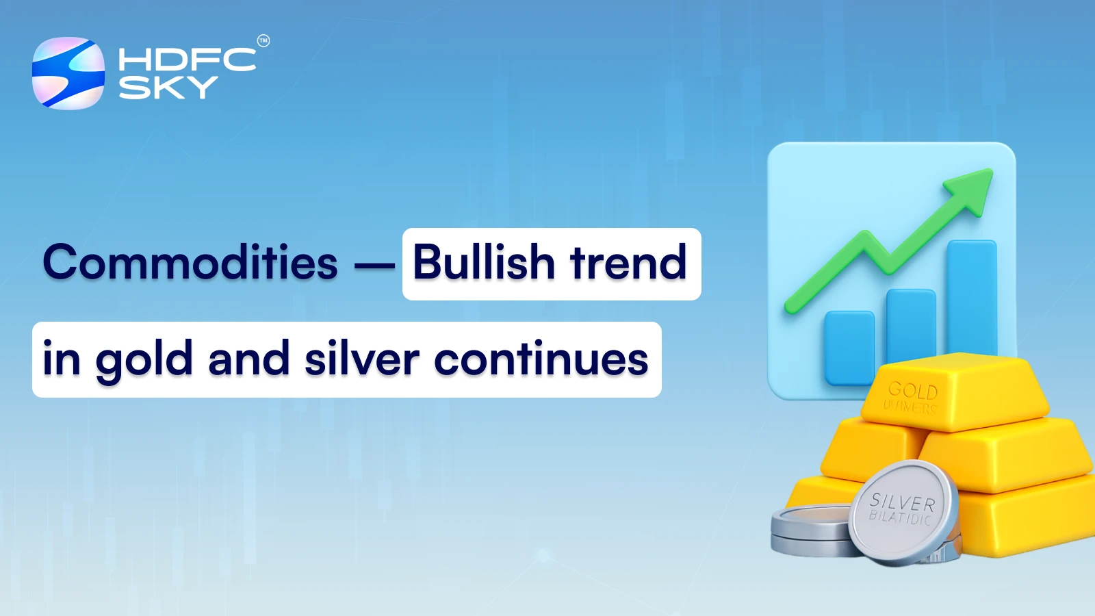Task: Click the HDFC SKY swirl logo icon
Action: (68, 73)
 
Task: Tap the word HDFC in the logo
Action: (187, 60)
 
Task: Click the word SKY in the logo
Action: (168, 88)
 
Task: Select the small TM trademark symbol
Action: (263, 41)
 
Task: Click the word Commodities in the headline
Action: (190, 263)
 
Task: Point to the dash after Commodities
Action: (374, 264)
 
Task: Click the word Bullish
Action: (483, 263)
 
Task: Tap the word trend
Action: (628, 263)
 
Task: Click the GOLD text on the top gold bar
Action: (913, 391)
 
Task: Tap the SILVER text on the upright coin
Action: (902, 502)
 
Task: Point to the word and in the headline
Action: (248, 359)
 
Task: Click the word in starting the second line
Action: (61, 359)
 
